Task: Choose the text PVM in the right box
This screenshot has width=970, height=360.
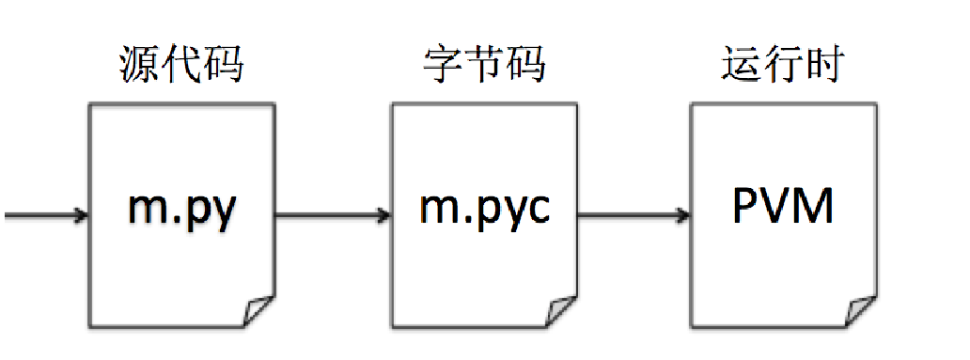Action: coord(783,208)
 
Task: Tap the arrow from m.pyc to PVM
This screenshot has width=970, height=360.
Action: coord(633,216)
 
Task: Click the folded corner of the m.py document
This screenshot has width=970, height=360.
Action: coord(259,310)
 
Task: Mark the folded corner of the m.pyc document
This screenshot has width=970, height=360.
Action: coord(561,310)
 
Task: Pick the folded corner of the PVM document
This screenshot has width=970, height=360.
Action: coord(861,310)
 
